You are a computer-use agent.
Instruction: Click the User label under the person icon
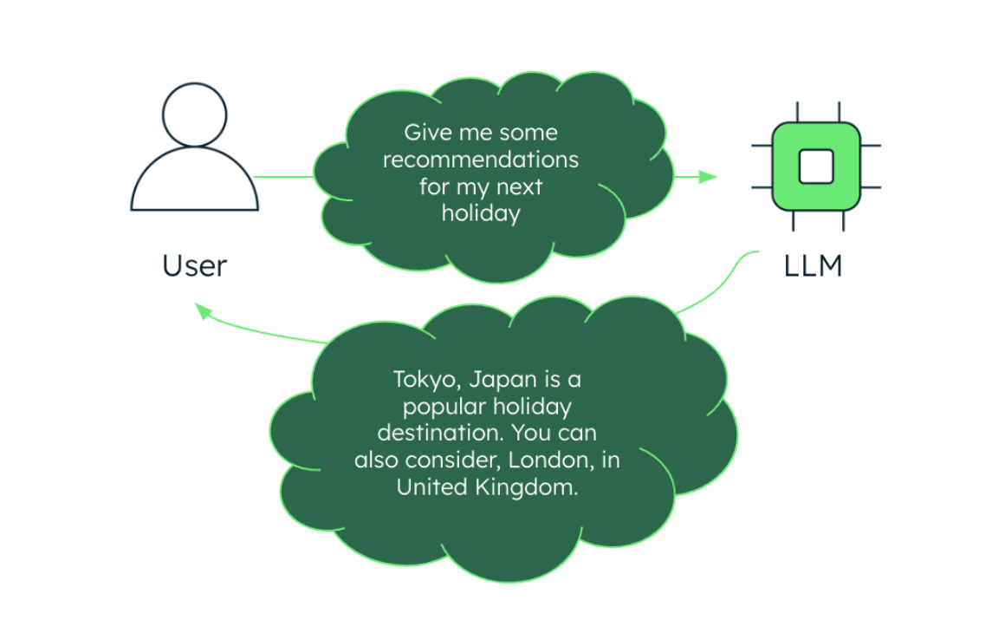pyautogui.click(x=194, y=265)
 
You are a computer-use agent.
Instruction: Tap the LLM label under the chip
pyautogui.click(x=813, y=265)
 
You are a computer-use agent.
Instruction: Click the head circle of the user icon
pyautogui.click(x=194, y=115)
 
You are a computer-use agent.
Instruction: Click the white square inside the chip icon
pyautogui.click(x=815, y=166)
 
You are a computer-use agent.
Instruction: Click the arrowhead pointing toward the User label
pyautogui.click(x=203, y=310)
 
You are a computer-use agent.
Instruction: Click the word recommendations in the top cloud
pyautogui.click(x=481, y=160)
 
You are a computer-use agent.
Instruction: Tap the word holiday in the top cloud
pyautogui.click(x=481, y=213)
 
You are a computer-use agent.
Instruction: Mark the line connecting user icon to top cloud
pyautogui.click(x=284, y=178)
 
